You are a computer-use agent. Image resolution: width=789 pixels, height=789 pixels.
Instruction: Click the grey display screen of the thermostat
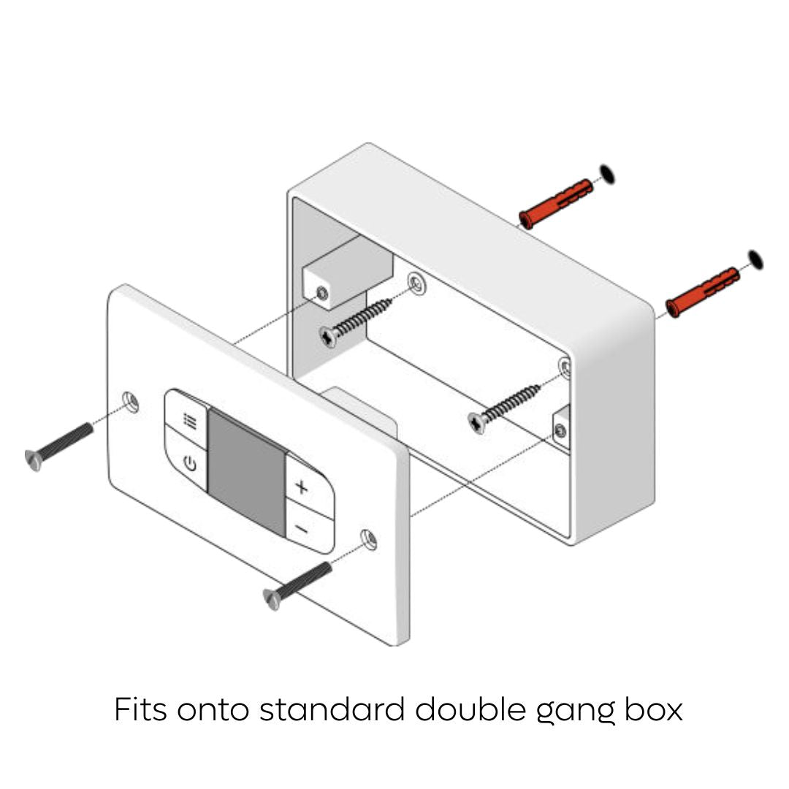[247, 471]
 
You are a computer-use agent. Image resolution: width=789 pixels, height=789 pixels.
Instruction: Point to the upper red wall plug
[556, 203]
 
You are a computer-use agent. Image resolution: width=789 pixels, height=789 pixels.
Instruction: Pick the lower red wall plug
[703, 291]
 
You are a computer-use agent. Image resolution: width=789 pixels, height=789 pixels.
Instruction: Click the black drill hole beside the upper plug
[607, 174]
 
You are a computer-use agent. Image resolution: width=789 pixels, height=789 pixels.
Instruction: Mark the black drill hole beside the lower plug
[756, 259]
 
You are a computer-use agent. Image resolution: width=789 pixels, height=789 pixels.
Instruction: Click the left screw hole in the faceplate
[131, 402]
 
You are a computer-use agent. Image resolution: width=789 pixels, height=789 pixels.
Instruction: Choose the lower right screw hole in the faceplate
[369, 539]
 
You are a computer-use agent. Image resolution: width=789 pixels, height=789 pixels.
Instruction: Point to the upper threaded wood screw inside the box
[355, 323]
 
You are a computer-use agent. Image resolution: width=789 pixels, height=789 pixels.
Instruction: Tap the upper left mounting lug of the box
[347, 272]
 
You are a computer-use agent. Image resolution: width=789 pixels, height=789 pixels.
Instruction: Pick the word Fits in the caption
[140, 709]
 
